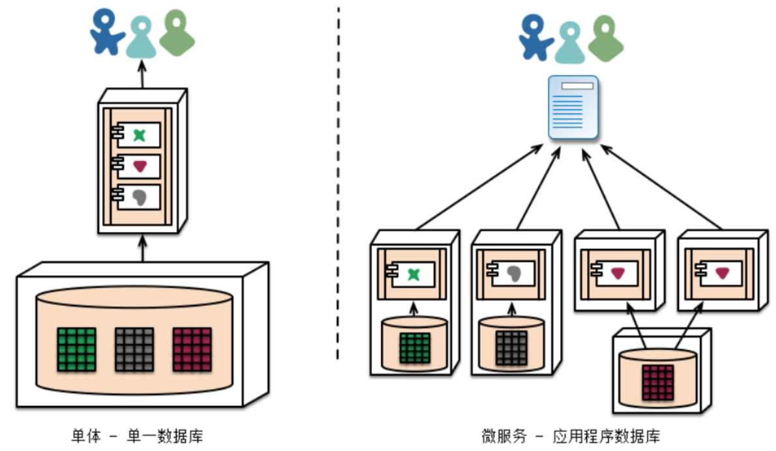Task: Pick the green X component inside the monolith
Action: (139, 135)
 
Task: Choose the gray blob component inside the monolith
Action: (139, 196)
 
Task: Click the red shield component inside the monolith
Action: (139, 166)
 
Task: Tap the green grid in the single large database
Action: (77, 349)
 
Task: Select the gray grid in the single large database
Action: (134, 349)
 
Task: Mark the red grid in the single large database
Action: (192, 349)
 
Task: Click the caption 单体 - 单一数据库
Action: (141, 436)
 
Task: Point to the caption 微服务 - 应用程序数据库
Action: (571, 436)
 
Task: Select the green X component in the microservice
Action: (412, 274)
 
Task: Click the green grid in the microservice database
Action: (414, 348)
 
